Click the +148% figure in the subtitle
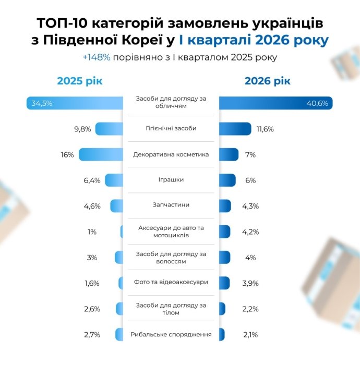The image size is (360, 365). click(97, 57)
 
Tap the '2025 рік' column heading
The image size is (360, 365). click(80, 81)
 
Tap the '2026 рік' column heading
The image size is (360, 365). click(268, 81)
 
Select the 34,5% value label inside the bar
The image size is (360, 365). click(42, 103)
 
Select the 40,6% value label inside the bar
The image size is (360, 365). click(317, 103)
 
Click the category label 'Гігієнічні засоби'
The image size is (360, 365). click(171, 128)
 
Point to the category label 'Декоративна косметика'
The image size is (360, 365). click(171, 154)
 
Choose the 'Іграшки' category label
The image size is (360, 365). click(171, 180)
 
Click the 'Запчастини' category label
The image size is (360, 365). click(171, 205)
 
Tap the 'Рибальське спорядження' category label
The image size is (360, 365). click(171, 334)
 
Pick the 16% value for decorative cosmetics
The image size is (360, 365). click(67, 155)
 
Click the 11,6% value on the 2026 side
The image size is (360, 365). click(264, 129)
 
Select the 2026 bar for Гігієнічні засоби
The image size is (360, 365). click(235, 129)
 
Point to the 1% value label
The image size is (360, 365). click(92, 232)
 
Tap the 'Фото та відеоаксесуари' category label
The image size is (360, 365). click(171, 282)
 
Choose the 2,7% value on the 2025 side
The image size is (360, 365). click(92, 334)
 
